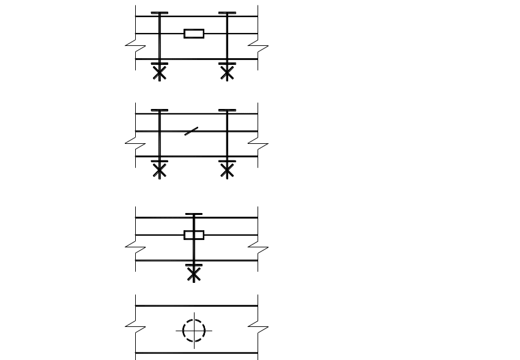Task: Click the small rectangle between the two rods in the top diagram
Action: tap(194, 34)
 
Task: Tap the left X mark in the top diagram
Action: tap(160, 73)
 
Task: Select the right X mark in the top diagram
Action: tap(227, 73)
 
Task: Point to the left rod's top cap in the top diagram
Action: tap(160, 13)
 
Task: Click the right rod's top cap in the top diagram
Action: tap(227, 13)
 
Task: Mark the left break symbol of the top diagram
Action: tap(135, 46)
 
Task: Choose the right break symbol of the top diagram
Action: tap(258, 46)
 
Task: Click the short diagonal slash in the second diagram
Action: tap(191, 131)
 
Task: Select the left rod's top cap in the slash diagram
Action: tap(160, 110)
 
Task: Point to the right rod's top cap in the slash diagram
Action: tap(227, 110)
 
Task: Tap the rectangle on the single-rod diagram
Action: tap(194, 235)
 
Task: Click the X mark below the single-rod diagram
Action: tap(194, 274)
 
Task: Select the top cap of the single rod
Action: tap(194, 214)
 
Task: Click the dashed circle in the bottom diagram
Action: tap(194, 331)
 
